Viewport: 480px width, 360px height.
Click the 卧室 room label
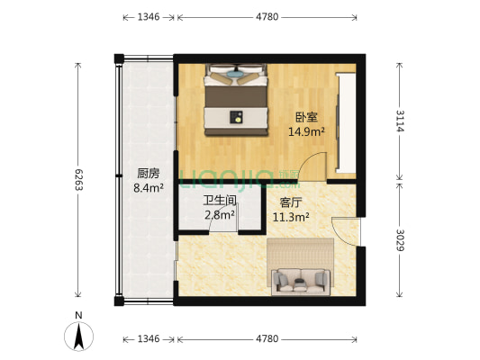[306, 117]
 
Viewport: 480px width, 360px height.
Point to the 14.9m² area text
[306, 131]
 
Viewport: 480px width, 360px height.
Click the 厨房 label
[149, 173]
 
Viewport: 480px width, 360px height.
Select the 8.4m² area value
[149, 188]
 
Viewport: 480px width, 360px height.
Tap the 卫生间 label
[220, 201]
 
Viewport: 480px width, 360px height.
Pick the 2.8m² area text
[220, 215]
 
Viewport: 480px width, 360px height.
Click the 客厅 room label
[291, 202]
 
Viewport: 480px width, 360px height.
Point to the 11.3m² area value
[291, 217]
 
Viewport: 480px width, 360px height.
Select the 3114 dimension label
[400, 120]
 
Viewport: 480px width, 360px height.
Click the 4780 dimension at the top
[267, 17]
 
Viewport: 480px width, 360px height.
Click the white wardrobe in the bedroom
[345, 124]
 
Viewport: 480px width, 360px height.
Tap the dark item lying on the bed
[238, 115]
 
